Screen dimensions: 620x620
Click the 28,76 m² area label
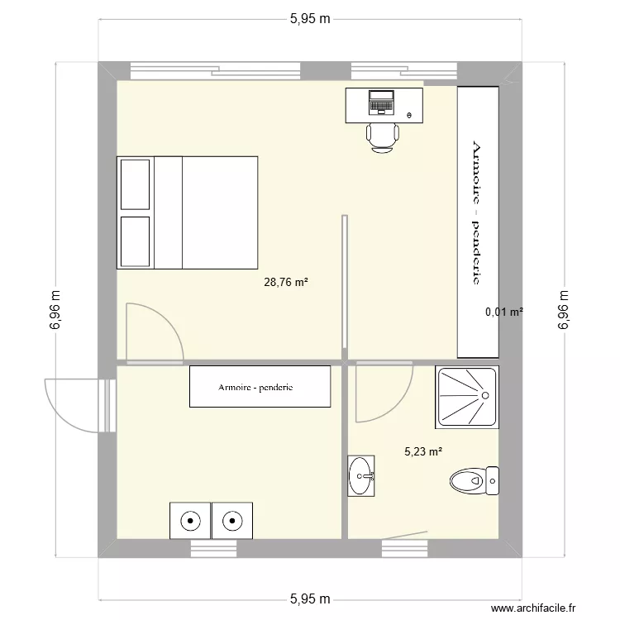coord(286,282)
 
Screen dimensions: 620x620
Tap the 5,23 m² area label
coord(423,452)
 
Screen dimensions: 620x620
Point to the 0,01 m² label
coord(504,312)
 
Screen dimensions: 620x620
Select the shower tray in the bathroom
coord(467,397)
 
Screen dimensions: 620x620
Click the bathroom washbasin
coord(361,476)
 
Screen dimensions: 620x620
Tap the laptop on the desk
coord(382,102)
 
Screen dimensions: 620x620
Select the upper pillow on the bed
coord(136,185)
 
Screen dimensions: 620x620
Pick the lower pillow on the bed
coord(136,241)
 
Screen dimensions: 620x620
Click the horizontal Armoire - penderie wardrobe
coord(260,387)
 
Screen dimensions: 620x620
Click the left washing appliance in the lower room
coord(190,521)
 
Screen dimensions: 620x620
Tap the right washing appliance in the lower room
coord(232,521)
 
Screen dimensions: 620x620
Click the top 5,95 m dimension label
coord(310,20)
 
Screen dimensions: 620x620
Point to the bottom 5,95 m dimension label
coord(310,599)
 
